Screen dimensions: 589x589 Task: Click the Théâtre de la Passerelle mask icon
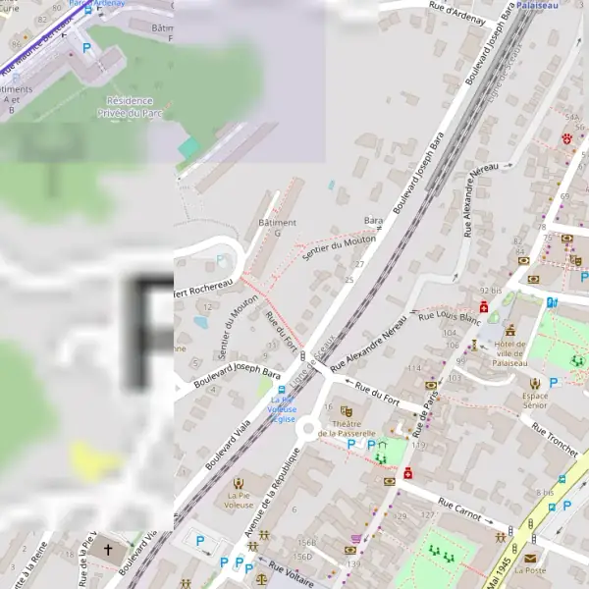pos(346,411)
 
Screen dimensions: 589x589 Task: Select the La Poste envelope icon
pos(530,559)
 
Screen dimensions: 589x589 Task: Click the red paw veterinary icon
pos(567,139)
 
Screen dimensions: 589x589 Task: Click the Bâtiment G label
pos(276,228)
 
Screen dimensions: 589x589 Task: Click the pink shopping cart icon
pos(354,538)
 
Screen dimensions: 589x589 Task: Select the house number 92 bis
pos(491,291)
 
